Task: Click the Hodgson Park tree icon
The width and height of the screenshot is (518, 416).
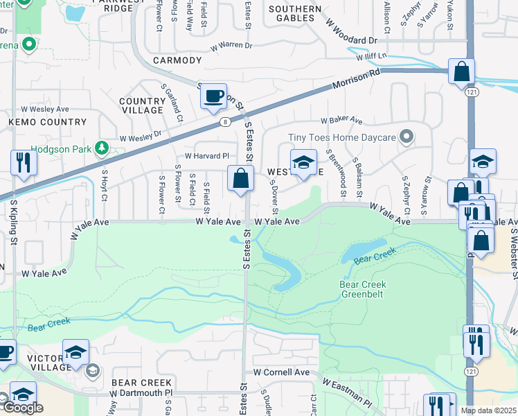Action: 101,148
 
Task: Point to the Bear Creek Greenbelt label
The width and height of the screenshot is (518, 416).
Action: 363,289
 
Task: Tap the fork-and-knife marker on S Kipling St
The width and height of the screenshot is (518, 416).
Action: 24,163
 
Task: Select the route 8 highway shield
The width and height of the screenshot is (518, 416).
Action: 226,122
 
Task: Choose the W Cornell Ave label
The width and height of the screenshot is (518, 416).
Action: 281,372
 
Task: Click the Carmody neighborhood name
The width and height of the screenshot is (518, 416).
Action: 177,61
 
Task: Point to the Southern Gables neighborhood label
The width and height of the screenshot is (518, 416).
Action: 295,14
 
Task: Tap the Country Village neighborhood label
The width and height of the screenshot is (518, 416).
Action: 142,105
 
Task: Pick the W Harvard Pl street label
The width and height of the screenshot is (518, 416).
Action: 206,156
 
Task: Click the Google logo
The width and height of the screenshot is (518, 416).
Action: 23,408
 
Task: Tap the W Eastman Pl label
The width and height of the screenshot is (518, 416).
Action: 346,392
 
